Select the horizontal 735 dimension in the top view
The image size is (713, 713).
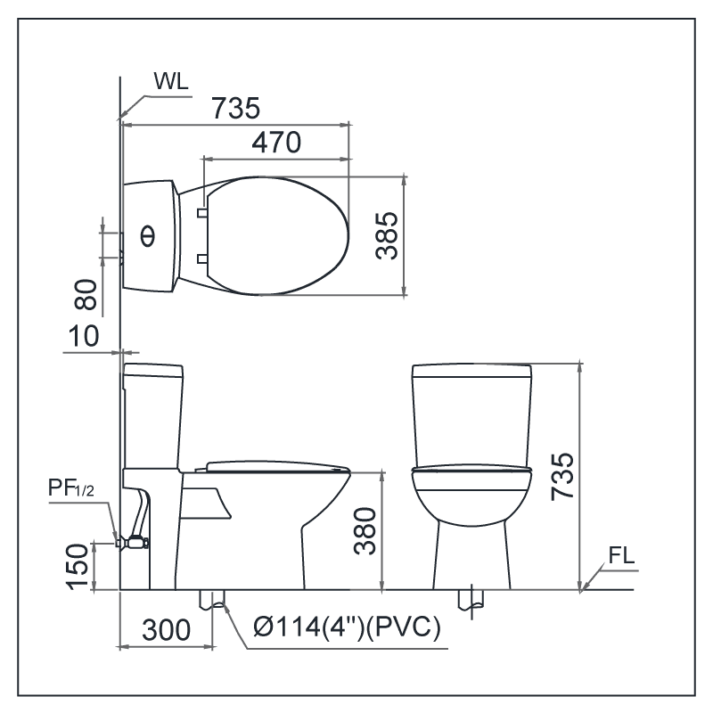[x=236, y=109]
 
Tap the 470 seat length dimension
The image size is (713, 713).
[x=275, y=142]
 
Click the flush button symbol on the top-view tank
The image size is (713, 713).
[x=147, y=235]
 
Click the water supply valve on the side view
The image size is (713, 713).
[x=134, y=540]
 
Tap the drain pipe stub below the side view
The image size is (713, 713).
[x=211, y=600]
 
